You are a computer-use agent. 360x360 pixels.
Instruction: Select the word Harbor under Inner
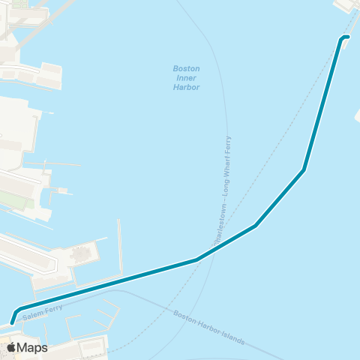coord(186,87)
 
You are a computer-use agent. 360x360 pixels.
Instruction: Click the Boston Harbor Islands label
coord(208,328)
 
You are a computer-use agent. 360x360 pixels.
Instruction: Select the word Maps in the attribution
coord(32,347)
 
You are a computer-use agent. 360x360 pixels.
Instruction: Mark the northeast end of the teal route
coord(347,37)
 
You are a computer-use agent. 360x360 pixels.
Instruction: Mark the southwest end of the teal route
coord(13,322)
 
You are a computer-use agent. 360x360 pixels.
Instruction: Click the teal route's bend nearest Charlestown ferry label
coord(196,259)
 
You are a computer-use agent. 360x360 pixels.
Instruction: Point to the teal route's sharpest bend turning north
coord(304,169)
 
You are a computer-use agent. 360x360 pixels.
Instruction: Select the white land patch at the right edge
coord(358,116)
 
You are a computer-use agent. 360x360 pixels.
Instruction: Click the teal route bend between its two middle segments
coord(256,225)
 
